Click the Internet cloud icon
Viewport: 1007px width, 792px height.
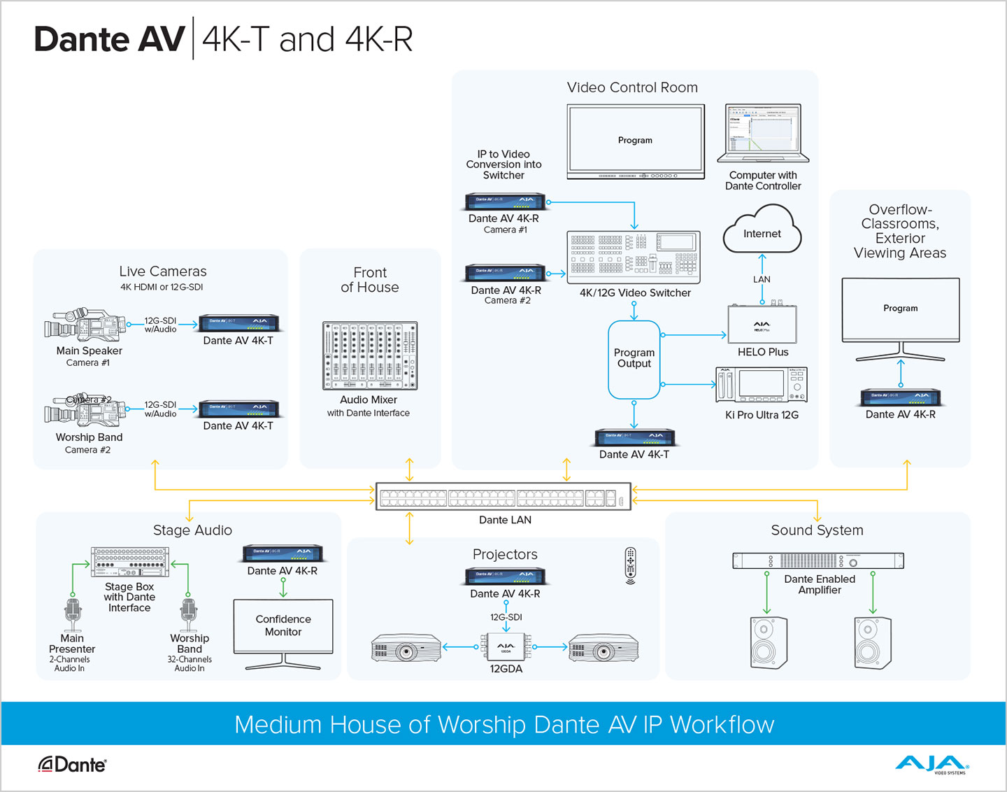[762, 229]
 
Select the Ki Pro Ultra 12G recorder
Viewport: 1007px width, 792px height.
[762, 385]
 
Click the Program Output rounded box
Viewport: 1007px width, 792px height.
[634, 359]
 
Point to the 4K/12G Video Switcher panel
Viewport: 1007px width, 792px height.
[633, 256]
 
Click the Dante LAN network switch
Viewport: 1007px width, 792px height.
[503, 497]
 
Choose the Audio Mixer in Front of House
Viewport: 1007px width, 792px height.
[369, 355]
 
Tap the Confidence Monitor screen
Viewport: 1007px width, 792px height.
[283, 625]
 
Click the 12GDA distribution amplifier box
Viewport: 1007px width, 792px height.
[506, 647]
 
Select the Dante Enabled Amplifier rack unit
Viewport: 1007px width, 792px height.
[818, 561]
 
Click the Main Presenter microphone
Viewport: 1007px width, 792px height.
[73, 613]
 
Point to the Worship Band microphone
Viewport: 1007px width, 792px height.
[189, 613]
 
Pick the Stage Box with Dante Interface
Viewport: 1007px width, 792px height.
[129, 562]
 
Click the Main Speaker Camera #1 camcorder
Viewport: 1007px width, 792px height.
[85, 325]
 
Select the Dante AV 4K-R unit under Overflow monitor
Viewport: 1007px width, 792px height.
[900, 398]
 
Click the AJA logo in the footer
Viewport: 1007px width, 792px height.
[931, 764]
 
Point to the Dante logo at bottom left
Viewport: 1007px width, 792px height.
[72, 765]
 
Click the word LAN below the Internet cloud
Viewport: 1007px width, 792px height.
[762, 279]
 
